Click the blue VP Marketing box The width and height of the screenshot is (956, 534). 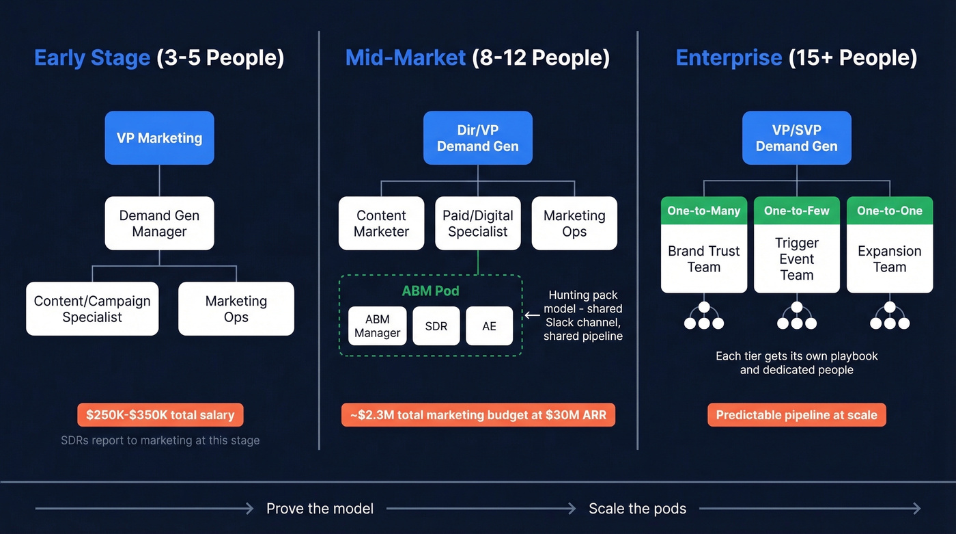[x=159, y=138]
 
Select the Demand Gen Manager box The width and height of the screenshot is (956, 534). [x=159, y=224]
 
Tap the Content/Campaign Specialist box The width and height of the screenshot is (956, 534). [x=92, y=309]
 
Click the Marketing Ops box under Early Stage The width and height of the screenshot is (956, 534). [x=236, y=309]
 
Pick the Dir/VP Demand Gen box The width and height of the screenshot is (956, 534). [x=477, y=138]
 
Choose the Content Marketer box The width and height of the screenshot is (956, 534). [x=381, y=224]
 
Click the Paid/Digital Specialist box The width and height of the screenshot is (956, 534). [x=477, y=224]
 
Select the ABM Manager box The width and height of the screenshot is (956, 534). [x=377, y=326]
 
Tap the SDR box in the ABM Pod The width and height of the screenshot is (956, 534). [x=436, y=326]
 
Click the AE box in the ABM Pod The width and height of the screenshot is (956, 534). [x=489, y=326]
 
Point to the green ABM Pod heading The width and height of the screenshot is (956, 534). [x=430, y=291]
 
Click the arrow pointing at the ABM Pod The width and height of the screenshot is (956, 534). [x=532, y=316]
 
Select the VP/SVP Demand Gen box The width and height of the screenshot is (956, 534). [x=796, y=138]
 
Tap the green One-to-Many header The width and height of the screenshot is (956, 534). [x=703, y=211]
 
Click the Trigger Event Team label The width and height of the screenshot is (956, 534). [x=796, y=259]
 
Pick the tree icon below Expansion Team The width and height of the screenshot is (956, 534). [x=889, y=317]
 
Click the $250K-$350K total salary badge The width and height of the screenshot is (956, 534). [x=160, y=415]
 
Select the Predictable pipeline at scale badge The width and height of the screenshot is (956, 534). [x=796, y=415]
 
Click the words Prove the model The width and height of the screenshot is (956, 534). [x=320, y=509]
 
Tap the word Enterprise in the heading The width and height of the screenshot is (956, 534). [x=728, y=58]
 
